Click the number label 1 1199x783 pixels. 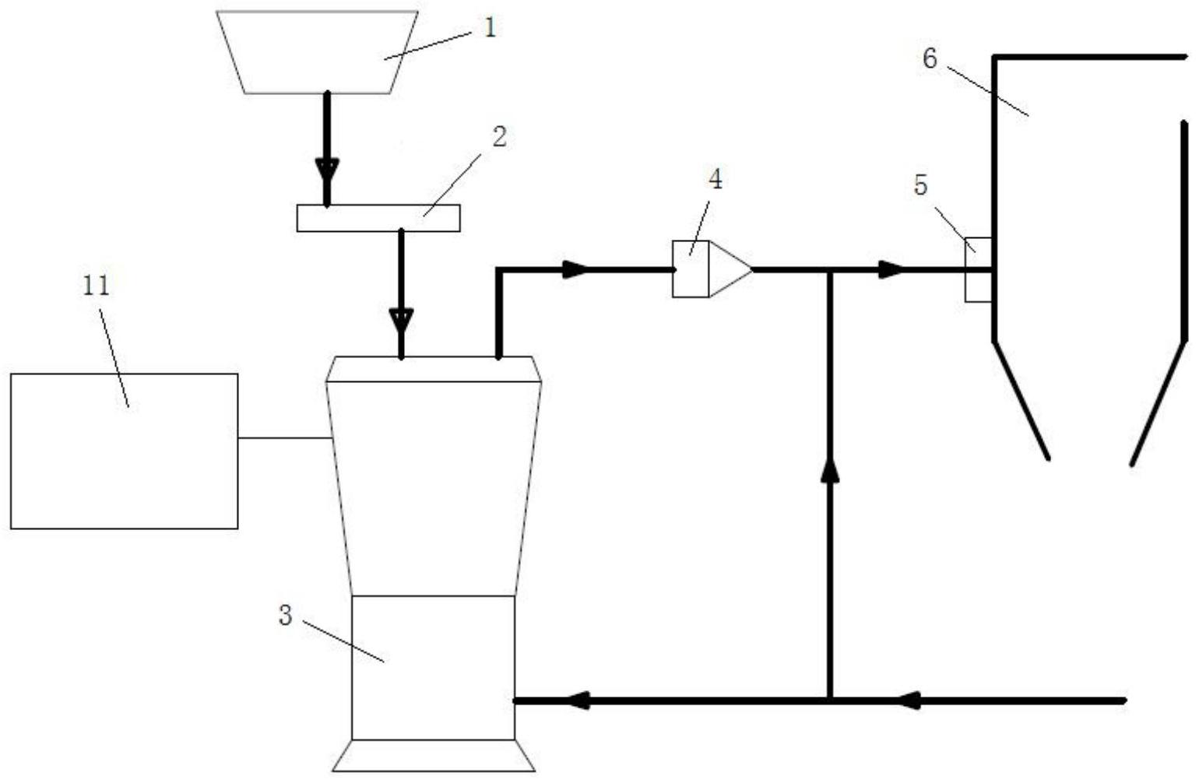tap(490, 29)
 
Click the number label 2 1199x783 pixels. tap(499, 137)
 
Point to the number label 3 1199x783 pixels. tap(286, 615)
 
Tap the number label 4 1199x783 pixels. tap(715, 179)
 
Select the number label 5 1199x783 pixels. tap(921, 186)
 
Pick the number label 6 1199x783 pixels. tap(930, 58)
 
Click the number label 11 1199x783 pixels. tap(97, 286)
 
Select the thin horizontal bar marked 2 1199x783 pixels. tap(378, 218)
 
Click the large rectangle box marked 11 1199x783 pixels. tap(125, 451)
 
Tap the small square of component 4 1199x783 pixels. tap(691, 269)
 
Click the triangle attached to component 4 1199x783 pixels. tap(728, 269)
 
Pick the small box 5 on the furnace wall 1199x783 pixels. tap(978, 269)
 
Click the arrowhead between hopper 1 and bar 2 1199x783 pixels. tap(327, 170)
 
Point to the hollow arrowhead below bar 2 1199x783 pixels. tap(401, 319)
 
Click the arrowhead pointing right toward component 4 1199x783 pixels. tap(576, 270)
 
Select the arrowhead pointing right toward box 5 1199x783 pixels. tap(892, 270)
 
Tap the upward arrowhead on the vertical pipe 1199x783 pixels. tap(831, 469)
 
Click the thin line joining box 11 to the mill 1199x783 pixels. tap(285, 438)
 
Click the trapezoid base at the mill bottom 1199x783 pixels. tap(434, 756)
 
